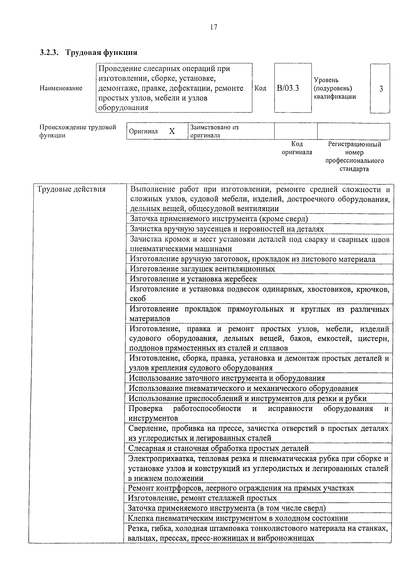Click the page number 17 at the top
click(x=214, y=27)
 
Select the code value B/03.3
click(x=288, y=88)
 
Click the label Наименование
click(x=61, y=88)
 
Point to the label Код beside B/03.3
click(x=260, y=88)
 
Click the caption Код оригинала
click(x=297, y=148)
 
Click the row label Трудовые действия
click(x=71, y=189)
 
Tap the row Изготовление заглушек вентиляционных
click(x=202, y=269)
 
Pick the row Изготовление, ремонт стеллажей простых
click(x=202, y=498)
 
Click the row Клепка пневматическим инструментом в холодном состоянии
click(x=238, y=518)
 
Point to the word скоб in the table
click(x=138, y=299)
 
